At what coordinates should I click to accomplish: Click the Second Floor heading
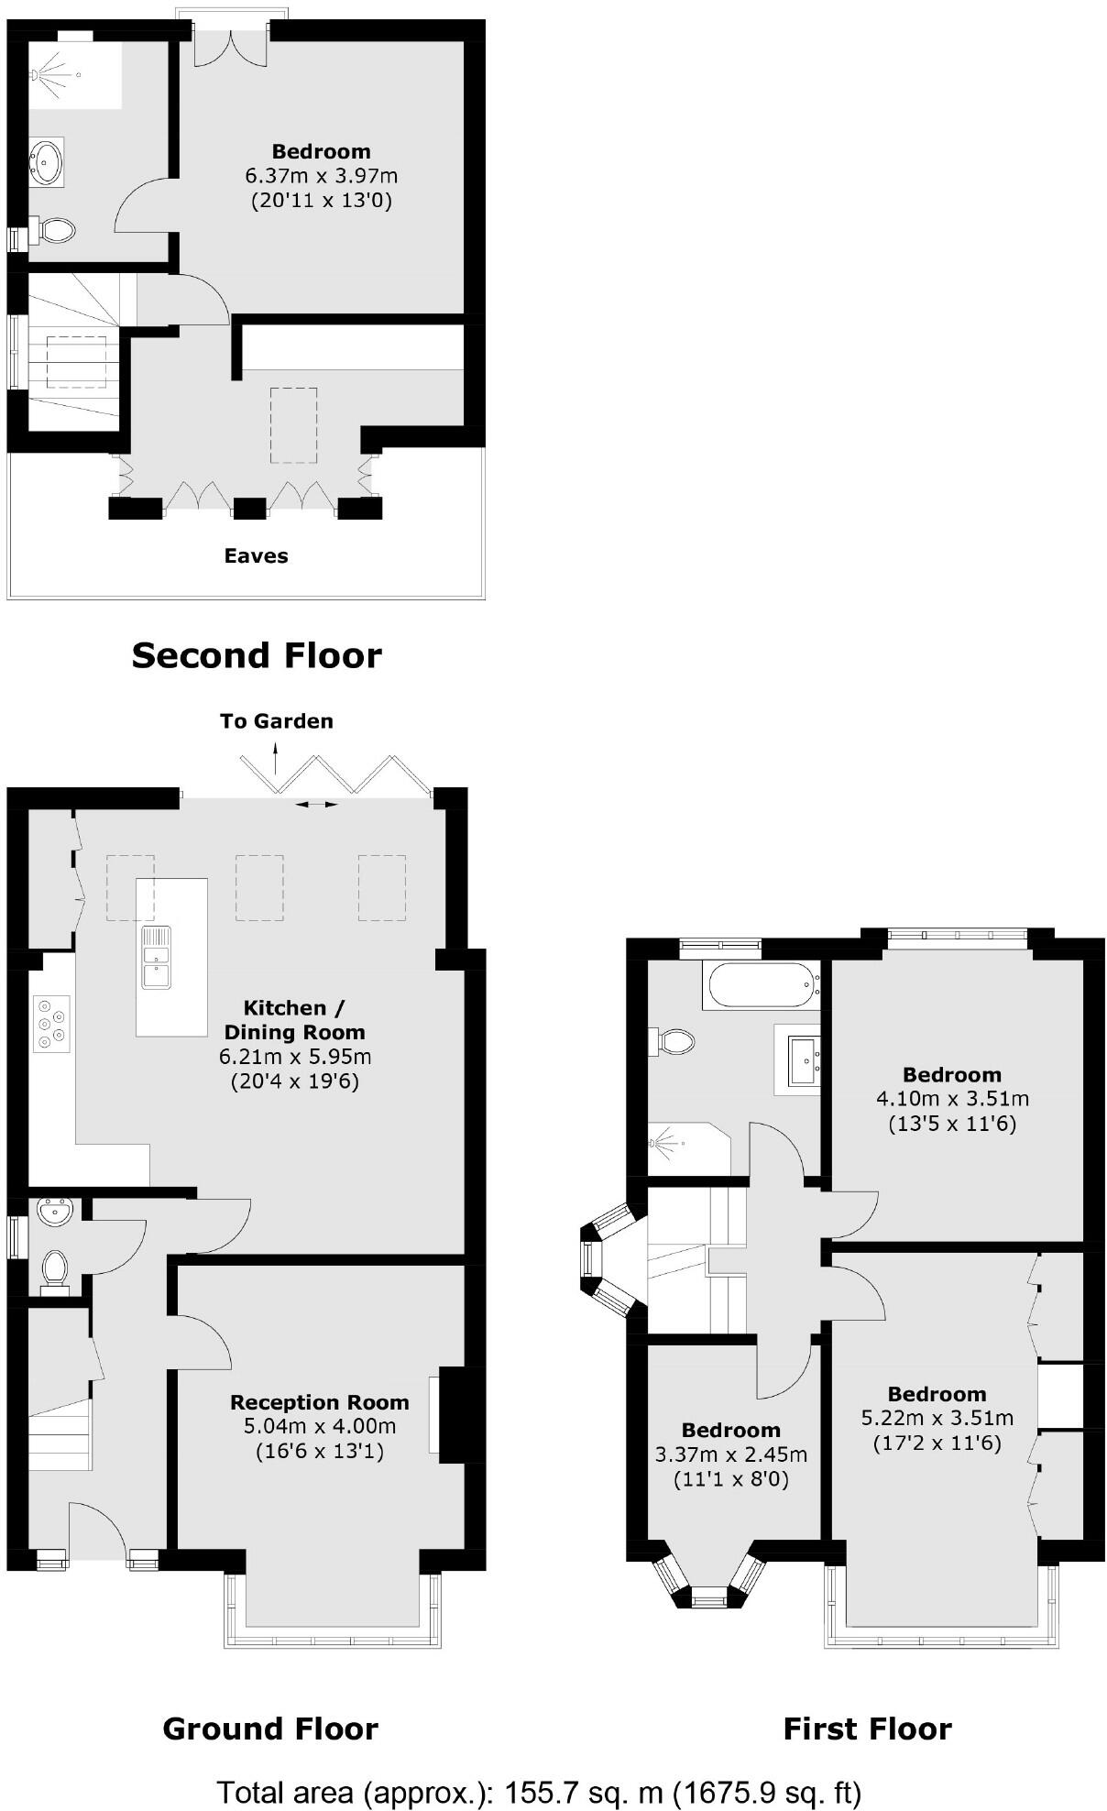257,656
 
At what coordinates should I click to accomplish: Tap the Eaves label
257,555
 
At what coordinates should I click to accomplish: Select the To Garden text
276,721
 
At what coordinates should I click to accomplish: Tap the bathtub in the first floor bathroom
760,985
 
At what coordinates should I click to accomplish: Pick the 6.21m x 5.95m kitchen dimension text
294,1057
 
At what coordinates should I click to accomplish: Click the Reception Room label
319,1402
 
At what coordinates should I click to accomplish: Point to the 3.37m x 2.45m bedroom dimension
730,1454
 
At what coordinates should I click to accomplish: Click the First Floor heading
867,1729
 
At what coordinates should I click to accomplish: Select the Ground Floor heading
270,1729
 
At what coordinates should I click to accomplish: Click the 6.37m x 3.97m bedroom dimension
321,175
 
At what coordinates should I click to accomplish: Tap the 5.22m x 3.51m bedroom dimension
937,1419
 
